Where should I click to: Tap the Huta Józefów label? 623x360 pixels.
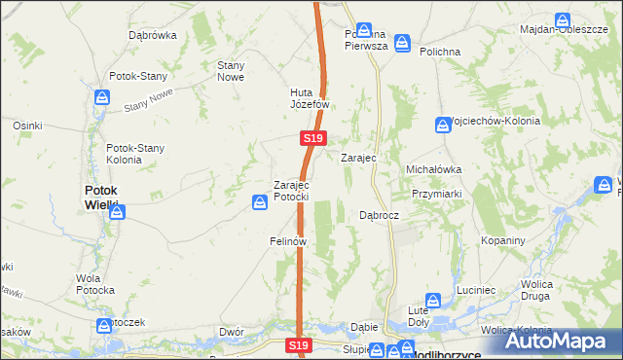pyautogui.click(x=311, y=98)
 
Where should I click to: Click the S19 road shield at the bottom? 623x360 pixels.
pyautogui.click(x=300, y=345)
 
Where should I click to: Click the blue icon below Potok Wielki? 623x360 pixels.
pyautogui.click(x=117, y=211)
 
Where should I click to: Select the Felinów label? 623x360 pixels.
pyautogui.click(x=288, y=240)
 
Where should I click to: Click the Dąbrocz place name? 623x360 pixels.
pyautogui.click(x=379, y=214)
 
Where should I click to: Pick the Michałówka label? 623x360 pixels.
pyautogui.click(x=433, y=168)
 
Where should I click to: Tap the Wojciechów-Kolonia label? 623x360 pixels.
pyautogui.click(x=494, y=121)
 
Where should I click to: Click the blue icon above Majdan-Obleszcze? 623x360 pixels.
pyautogui.click(x=563, y=19)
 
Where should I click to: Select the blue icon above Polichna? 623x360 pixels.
pyautogui.click(x=402, y=44)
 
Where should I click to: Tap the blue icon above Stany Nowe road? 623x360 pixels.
pyautogui.click(x=103, y=97)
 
